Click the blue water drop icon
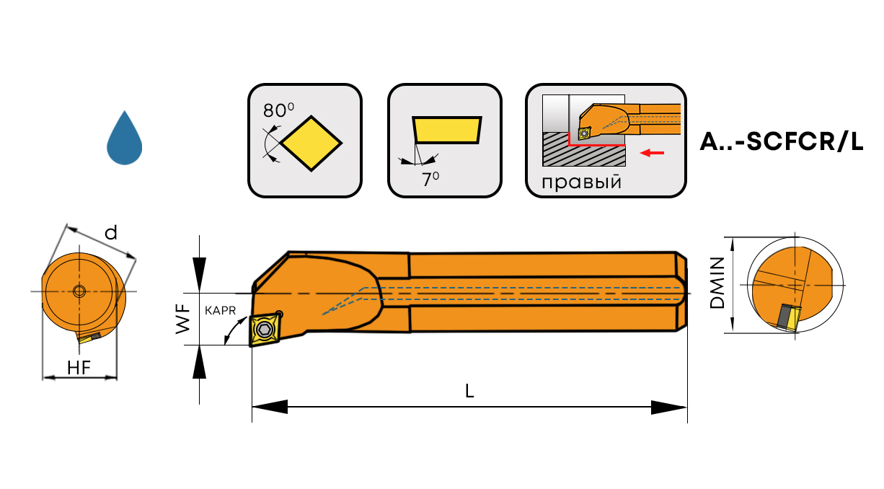(x=124, y=140)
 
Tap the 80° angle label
(x=278, y=110)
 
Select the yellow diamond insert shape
(x=311, y=143)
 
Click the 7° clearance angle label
(x=430, y=180)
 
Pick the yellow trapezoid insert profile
(x=447, y=131)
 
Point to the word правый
(x=581, y=181)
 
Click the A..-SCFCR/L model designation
(x=781, y=142)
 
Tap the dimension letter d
(x=110, y=232)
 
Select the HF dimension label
(x=79, y=367)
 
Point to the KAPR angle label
(x=220, y=310)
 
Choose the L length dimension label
(x=469, y=391)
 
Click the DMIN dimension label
(x=717, y=284)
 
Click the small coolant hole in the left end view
(x=79, y=291)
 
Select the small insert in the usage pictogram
(x=583, y=133)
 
